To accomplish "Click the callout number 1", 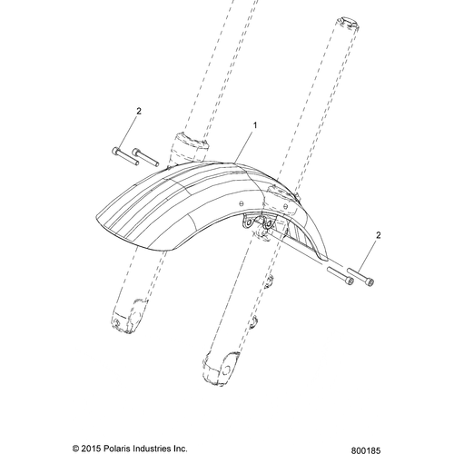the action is pyautogui.click(x=255, y=125).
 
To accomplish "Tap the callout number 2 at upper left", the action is pyautogui.click(x=139, y=112).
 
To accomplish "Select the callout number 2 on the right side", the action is pyautogui.click(x=378, y=235).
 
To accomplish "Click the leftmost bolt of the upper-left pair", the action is pyautogui.click(x=125, y=155).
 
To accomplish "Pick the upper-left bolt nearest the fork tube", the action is pyautogui.click(x=145, y=157).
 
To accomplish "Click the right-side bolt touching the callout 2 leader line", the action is pyautogui.click(x=360, y=277).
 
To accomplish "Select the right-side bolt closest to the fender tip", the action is pyautogui.click(x=340, y=276).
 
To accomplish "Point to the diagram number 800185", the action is pyautogui.click(x=366, y=450).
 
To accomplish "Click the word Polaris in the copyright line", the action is pyautogui.click(x=115, y=448).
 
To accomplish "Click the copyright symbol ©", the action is pyautogui.click(x=76, y=448).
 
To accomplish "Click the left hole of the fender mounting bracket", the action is pyautogui.click(x=249, y=223).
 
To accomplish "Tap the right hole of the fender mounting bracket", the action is pyautogui.click(x=268, y=224).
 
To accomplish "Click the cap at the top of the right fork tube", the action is pyautogui.click(x=348, y=24).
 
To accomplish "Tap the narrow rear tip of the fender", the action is pyautogui.click(x=324, y=258).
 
